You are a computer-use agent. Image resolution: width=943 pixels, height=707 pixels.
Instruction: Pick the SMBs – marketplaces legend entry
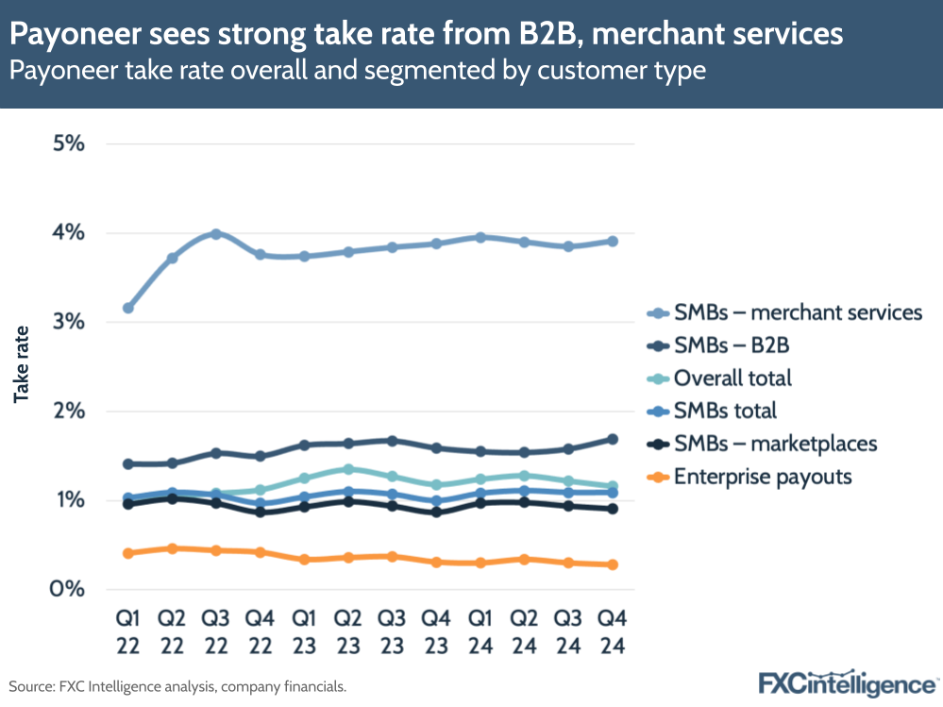pyautogui.click(x=775, y=444)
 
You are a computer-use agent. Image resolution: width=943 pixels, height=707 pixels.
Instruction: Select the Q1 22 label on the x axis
pyautogui.click(x=128, y=631)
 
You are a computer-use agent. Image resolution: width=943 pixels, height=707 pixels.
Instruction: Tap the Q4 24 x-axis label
pyautogui.click(x=613, y=631)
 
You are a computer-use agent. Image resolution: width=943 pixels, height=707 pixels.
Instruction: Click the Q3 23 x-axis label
pyautogui.click(x=392, y=631)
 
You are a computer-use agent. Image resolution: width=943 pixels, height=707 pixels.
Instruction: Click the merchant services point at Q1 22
pyautogui.click(x=128, y=308)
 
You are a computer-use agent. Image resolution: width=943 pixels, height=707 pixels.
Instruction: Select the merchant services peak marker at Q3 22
pyautogui.click(x=216, y=234)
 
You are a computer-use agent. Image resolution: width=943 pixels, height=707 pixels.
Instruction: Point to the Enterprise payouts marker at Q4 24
pyautogui.click(x=613, y=564)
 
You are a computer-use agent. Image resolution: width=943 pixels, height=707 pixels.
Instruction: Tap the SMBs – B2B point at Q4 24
pyautogui.click(x=613, y=439)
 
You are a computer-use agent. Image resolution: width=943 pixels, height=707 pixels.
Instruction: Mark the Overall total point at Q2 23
pyautogui.click(x=348, y=469)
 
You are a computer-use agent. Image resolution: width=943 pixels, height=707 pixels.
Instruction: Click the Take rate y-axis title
pyautogui.click(x=22, y=364)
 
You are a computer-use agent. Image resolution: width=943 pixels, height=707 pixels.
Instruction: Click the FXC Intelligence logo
pyautogui.click(x=847, y=682)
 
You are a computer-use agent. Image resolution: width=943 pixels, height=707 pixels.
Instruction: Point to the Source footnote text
pyautogui.click(x=177, y=686)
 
